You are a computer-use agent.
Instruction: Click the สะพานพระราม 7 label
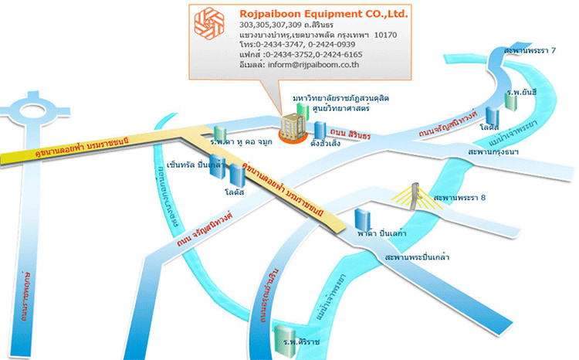tap(530, 50)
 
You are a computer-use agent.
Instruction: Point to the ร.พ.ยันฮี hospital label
tap(522, 92)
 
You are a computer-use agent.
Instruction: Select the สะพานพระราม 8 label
tap(460, 199)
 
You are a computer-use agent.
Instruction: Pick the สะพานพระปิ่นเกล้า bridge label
tap(417, 256)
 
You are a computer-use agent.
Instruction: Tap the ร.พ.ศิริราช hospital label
tap(301, 341)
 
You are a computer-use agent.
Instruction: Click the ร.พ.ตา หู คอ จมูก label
tap(239, 143)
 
